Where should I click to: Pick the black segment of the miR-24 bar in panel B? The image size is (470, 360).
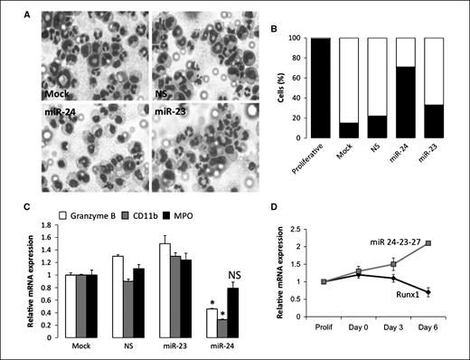[397, 102]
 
